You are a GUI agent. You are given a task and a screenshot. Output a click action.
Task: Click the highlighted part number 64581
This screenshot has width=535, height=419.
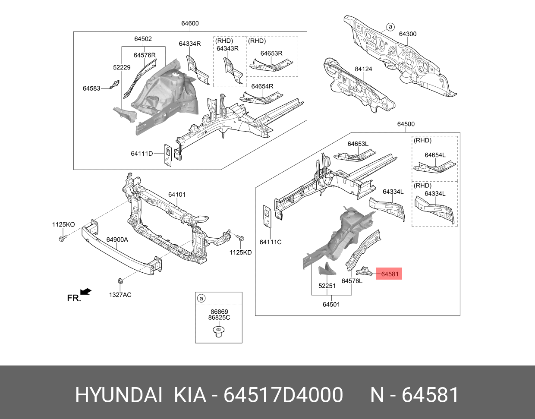click(x=389, y=274)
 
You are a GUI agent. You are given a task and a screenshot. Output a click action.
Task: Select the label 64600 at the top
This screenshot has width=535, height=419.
click(x=190, y=23)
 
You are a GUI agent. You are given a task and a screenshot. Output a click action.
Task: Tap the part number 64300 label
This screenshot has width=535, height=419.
click(x=407, y=34)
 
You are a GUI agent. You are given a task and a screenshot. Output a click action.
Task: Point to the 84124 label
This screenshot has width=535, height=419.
click(x=363, y=69)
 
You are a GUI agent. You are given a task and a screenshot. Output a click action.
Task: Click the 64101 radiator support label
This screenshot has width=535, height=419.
click(x=176, y=195)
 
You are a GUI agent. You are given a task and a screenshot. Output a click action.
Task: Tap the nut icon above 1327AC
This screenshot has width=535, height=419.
click(x=120, y=280)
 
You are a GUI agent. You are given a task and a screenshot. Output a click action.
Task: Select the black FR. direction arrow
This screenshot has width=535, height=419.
click(x=85, y=292)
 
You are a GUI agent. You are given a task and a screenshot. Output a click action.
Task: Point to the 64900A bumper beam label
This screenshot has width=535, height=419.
click(x=117, y=239)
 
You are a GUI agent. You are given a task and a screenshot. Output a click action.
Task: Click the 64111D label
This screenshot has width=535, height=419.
click(x=142, y=154)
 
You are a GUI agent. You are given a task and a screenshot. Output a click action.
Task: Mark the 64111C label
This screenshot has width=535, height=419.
click(x=271, y=242)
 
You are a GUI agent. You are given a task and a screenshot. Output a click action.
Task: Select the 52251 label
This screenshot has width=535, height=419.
click(x=327, y=286)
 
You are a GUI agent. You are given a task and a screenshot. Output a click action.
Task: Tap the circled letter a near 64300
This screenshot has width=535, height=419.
click(x=390, y=27)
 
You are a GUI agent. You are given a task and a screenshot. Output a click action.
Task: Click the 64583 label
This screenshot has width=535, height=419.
click(x=91, y=88)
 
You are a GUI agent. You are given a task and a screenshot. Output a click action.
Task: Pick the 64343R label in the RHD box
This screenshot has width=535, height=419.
click(x=227, y=48)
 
